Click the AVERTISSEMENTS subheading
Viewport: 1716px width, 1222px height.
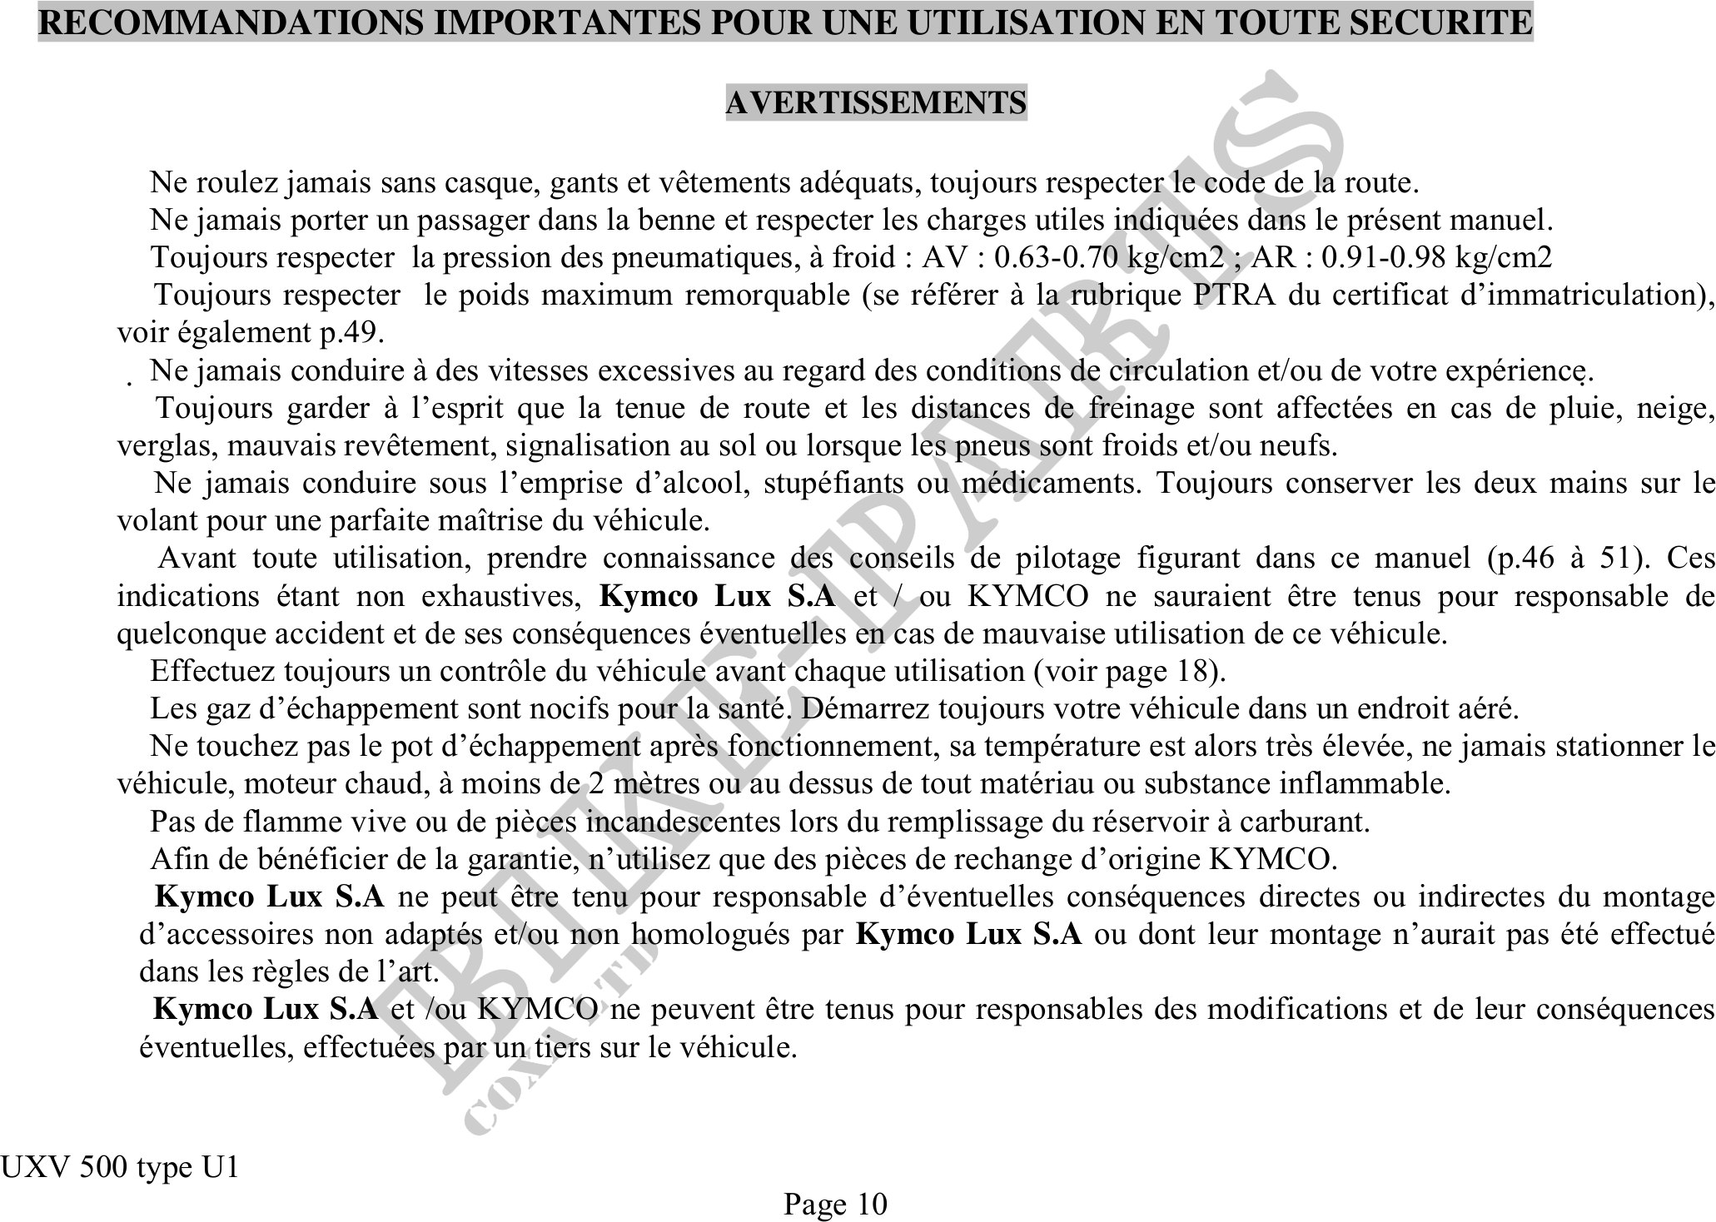876,102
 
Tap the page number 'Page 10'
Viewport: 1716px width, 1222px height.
835,1204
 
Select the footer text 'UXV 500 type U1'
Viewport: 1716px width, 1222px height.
119,1167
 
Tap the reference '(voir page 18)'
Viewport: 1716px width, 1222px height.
1129,671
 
